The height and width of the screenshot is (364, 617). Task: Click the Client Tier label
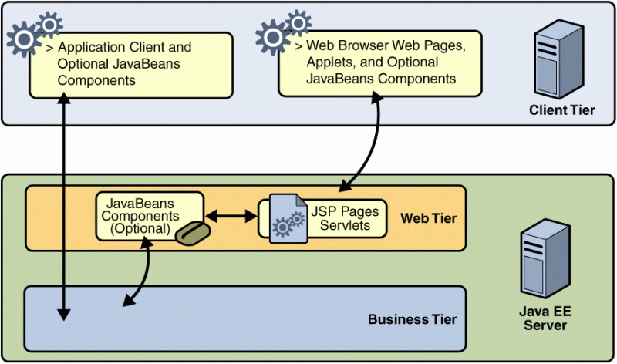click(x=561, y=110)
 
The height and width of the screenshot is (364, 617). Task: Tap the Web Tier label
click(x=428, y=219)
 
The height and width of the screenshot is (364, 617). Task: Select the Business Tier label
click(x=412, y=319)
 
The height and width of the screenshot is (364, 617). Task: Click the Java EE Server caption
click(x=545, y=318)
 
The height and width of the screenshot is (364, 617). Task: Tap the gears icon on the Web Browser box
click(x=282, y=33)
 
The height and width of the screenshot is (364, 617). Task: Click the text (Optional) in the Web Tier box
click(x=139, y=228)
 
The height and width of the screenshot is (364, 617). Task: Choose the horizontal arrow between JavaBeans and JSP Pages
click(x=231, y=219)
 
